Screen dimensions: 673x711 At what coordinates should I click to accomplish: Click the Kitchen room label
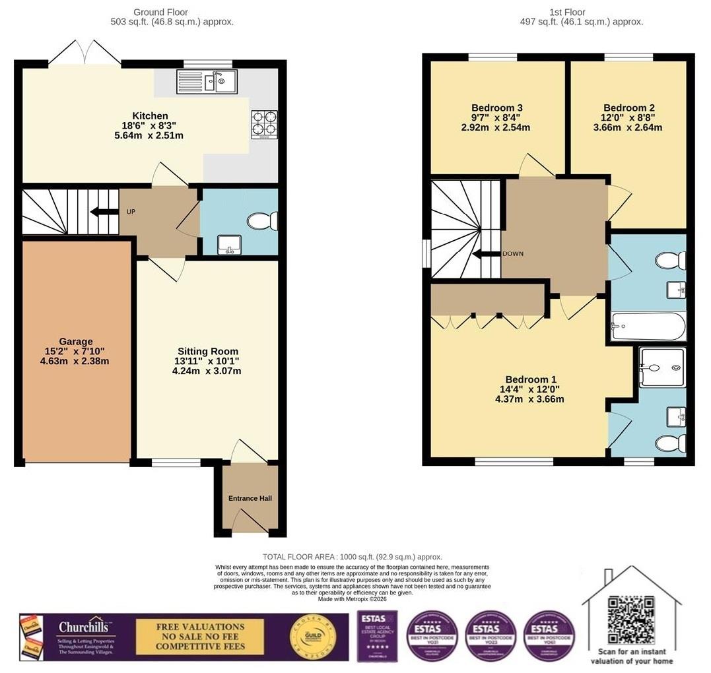coord(149,115)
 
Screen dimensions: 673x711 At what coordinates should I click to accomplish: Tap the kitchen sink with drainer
coord(207,82)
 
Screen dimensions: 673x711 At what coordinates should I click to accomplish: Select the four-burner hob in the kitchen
coord(264,124)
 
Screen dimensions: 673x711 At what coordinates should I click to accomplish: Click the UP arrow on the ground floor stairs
coord(102,212)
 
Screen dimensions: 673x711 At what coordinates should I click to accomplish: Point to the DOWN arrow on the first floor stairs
coord(486,253)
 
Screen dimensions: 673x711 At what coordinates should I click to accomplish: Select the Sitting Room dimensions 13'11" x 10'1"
coord(207,361)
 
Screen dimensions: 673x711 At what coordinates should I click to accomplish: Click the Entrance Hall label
coord(250,498)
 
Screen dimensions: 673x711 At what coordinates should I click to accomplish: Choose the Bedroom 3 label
coord(497,108)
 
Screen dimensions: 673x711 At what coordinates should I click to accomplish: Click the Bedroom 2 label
coord(628,108)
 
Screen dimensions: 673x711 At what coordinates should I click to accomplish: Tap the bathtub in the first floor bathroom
coord(648,326)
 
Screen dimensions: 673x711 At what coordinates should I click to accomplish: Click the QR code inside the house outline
coord(630,618)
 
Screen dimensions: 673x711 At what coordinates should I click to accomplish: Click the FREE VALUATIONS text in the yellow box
coord(199,627)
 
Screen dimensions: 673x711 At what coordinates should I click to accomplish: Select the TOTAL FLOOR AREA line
coord(353,557)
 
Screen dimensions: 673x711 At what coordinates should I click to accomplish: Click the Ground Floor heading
coord(160,12)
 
